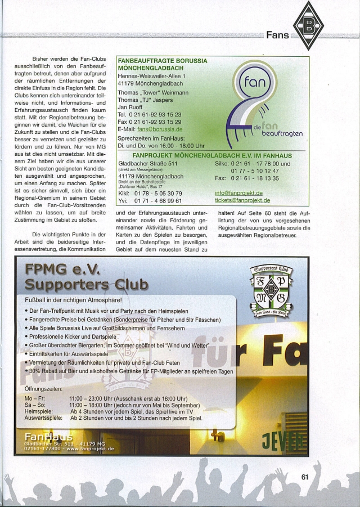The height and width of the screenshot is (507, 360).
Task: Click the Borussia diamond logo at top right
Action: [x=309, y=25]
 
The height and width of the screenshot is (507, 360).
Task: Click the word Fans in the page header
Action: [x=277, y=35]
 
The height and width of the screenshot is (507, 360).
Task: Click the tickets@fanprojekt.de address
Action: [x=242, y=200]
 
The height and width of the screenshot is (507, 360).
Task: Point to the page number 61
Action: [x=305, y=476]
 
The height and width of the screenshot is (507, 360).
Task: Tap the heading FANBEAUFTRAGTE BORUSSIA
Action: [x=162, y=61]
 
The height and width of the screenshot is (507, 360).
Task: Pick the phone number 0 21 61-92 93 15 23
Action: [x=149, y=114]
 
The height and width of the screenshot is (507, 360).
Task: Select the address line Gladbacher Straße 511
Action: [x=147, y=164]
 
